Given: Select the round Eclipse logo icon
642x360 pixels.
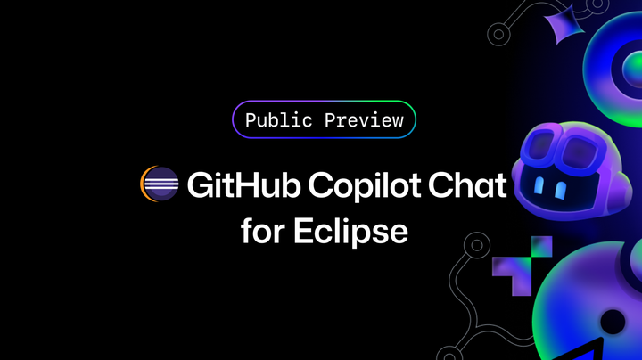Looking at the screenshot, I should click(x=160, y=185).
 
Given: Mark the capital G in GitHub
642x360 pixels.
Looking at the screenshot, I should click(x=198, y=186).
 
